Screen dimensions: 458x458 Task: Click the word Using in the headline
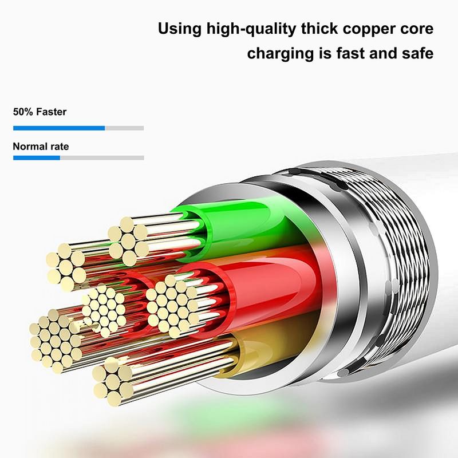[180, 30]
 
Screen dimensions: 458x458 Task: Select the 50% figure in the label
[23, 112]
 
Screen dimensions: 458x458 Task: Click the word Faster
[52, 112]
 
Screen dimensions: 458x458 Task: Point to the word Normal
[29, 147]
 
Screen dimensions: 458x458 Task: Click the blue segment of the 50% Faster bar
[59, 128]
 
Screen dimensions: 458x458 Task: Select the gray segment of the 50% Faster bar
[124, 128]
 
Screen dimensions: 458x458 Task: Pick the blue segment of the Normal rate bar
[37, 158]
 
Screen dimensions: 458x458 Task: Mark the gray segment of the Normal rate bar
[102, 158]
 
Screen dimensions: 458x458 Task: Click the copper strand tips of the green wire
[128, 241]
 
